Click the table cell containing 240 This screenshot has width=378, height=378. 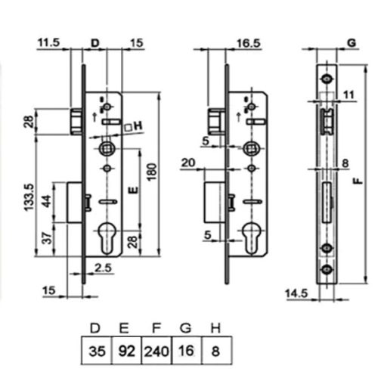(156, 351)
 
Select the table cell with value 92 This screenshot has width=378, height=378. (127, 351)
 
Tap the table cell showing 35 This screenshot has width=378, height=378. (97, 351)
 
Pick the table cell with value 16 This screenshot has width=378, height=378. (187, 351)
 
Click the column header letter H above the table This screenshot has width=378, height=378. (215, 328)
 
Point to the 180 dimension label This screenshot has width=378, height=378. (152, 172)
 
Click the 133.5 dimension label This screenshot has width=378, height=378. (29, 197)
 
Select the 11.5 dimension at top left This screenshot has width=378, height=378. (49, 42)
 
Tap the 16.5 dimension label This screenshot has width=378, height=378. (249, 43)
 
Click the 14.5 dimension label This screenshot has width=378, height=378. (296, 293)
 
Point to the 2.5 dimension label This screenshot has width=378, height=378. (103, 268)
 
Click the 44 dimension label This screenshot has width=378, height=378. (47, 201)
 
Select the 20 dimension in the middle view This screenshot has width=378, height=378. (188, 163)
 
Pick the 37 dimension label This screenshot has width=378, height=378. (47, 238)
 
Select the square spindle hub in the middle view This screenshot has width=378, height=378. (251, 149)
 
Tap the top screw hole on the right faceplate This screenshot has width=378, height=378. (327, 79)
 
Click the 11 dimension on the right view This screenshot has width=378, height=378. (349, 95)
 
